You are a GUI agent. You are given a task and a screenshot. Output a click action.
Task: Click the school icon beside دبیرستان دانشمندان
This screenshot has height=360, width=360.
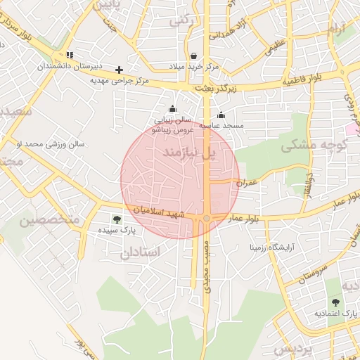click(x=69, y=55)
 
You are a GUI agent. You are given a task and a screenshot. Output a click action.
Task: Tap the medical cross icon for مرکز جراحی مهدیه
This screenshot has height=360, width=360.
click(x=120, y=70)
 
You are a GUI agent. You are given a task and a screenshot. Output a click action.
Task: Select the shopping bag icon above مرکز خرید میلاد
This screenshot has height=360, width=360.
click(x=193, y=56)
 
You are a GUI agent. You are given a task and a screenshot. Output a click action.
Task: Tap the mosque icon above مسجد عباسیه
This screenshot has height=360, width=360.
click(x=221, y=115)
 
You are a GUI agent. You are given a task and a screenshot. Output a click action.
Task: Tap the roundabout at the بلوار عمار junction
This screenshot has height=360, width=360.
click(x=207, y=219)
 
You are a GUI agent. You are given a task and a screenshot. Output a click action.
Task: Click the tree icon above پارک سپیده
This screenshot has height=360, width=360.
click(x=117, y=219)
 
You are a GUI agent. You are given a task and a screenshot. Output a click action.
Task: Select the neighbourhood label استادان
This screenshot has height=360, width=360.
click(x=141, y=252)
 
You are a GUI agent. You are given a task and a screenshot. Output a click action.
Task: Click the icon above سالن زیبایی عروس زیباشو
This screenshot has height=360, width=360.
click(x=173, y=108)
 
